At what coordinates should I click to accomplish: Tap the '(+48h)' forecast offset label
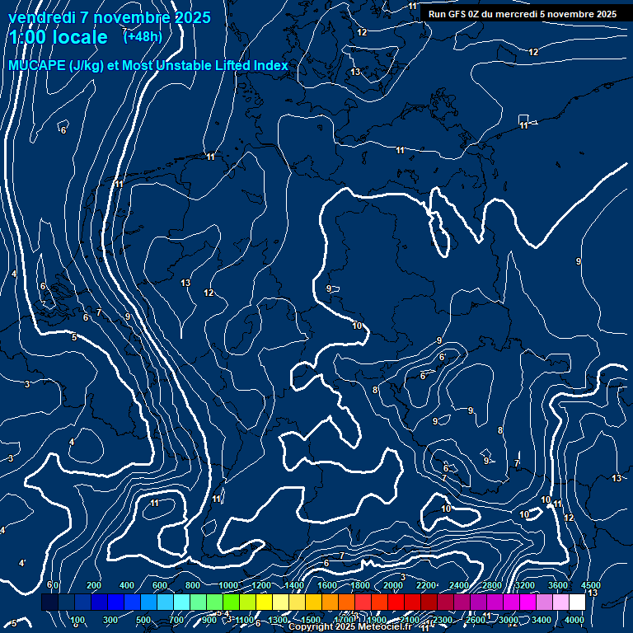coord(143,36)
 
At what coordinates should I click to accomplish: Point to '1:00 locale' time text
coord(58,37)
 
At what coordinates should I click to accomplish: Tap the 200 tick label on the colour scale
coord(94,585)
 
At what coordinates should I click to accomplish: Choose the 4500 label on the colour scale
coord(579,585)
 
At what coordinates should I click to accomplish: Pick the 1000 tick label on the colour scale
coord(228,585)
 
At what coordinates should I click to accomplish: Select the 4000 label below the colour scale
coord(574,620)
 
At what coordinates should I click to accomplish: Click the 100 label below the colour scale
coord(78,620)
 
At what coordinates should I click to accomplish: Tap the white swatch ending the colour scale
coord(577,603)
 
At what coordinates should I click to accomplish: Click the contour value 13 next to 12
coord(185,283)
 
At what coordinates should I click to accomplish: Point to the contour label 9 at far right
coord(579,261)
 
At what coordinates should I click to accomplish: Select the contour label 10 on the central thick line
coord(357,326)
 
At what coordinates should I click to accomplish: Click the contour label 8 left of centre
coord(375,390)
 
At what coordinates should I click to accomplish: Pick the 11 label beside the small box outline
coord(523,125)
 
